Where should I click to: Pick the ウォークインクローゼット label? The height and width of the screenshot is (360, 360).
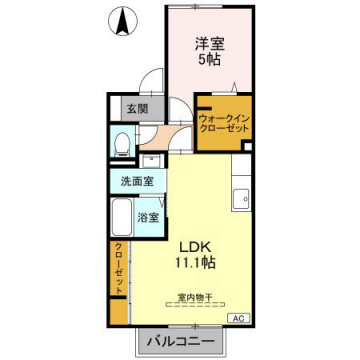tap(223, 123)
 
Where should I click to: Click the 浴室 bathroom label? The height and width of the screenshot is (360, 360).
tap(146, 216)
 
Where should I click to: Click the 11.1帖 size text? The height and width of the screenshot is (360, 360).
tap(197, 262)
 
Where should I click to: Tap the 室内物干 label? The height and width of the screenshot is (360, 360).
tap(196, 297)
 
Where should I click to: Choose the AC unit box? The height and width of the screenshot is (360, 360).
tap(240, 318)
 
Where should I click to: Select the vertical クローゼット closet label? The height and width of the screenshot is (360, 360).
tap(118, 268)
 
